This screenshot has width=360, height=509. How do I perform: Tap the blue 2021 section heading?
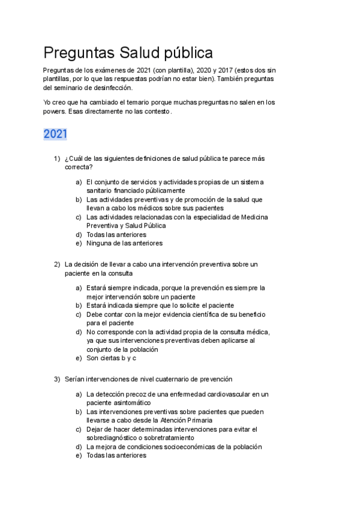pyautogui.click(x=55, y=134)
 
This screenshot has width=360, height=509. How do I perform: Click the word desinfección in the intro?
pyautogui.click(x=110, y=87)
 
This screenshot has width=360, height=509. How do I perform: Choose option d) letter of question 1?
pyautogui.click(x=79, y=234)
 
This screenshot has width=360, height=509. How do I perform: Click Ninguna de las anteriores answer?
pyautogui.click(x=124, y=243)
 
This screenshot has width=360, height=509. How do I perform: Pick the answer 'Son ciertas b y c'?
pyautogui.click(x=112, y=358)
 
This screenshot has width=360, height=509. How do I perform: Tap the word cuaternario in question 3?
pyautogui.click(x=163, y=379)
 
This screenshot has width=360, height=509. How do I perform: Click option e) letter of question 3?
pyautogui.click(x=79, y=455)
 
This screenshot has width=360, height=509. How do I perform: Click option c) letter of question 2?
pyautogui.click(x=79, y=314)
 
